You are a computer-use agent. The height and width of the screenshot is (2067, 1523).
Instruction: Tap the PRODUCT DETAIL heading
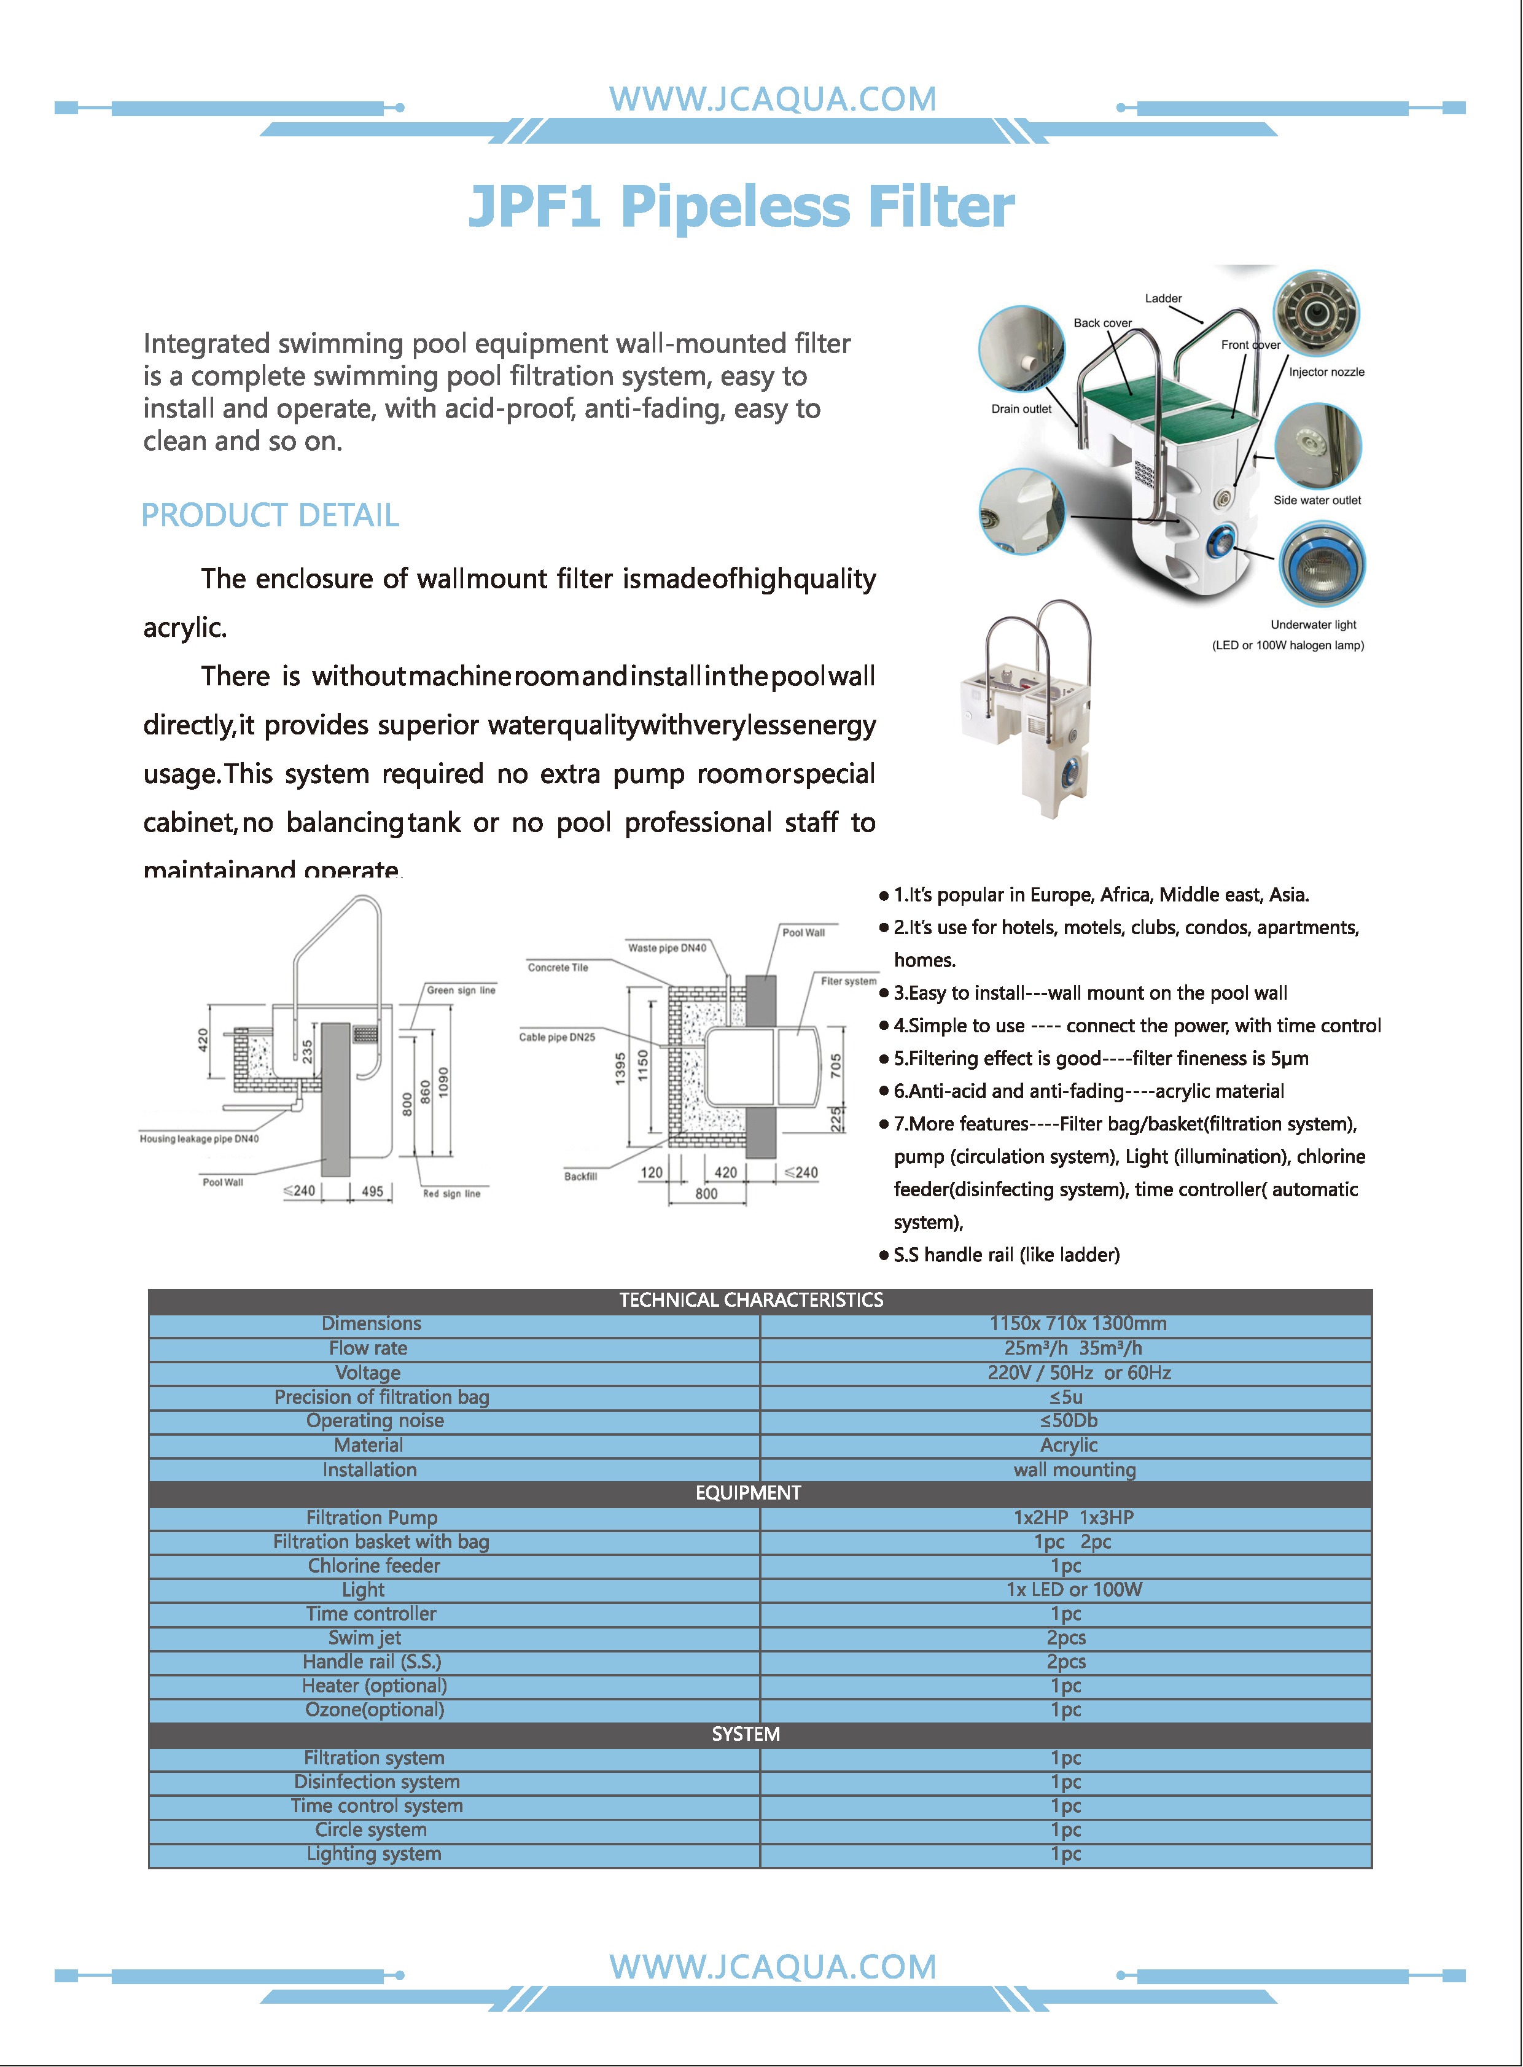click(x=270, y=515)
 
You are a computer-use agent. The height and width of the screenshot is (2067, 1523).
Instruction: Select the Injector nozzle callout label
click(x=1326, y=372)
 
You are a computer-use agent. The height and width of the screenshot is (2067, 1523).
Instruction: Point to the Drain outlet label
click(x=1021, y=408)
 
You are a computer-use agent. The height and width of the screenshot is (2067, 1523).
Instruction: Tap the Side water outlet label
click(x=1317, y=500)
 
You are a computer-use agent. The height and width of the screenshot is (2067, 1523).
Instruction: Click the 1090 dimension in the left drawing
click(x=443, y=1081)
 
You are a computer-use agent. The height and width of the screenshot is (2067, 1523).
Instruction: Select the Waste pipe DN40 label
click(x=666, y=948)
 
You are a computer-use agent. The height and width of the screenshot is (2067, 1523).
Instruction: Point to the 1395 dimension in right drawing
click(x=620, y=1069)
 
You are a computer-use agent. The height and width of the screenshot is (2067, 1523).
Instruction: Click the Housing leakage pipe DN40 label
click(x=199, y=1139)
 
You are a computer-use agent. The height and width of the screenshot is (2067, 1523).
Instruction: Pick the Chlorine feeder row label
click(x=373, y=1565)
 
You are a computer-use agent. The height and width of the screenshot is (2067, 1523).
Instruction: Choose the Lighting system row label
click(x=373, y=1853)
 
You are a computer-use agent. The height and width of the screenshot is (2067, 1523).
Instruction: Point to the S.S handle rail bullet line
click(x=1006, y=1255)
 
